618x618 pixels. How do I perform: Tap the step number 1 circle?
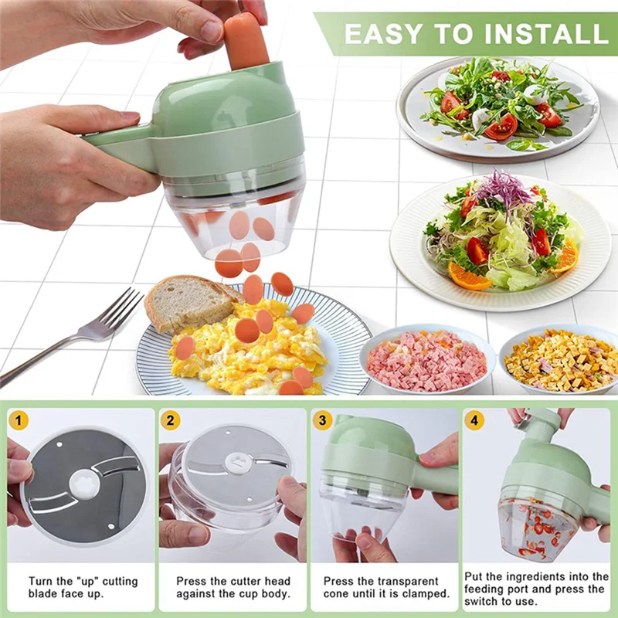tap(19, 421)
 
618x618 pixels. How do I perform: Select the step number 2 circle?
tap(170, 421)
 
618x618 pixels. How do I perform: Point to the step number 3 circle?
tap(322, 421)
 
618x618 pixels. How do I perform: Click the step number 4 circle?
tap(474, 421)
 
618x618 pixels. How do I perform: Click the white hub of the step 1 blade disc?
tap(83, 484)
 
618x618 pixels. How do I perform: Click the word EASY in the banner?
tap(384, 33)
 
